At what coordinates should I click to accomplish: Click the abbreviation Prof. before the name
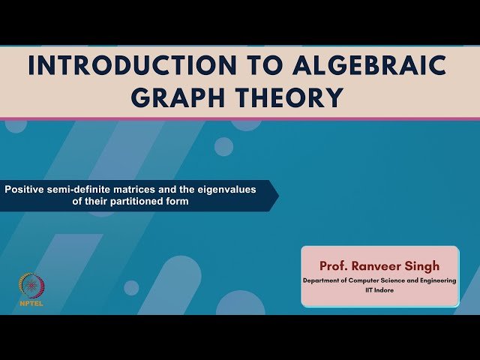pos(334,266)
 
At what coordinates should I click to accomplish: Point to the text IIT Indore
pos(379,290)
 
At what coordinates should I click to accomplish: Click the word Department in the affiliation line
pos(321,280)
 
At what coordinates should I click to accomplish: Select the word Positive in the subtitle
pos(23,190)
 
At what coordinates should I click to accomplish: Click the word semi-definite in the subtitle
pos(75,190)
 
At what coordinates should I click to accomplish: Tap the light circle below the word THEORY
pos(223,146)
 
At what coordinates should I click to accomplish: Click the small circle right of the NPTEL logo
pos(131,288)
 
